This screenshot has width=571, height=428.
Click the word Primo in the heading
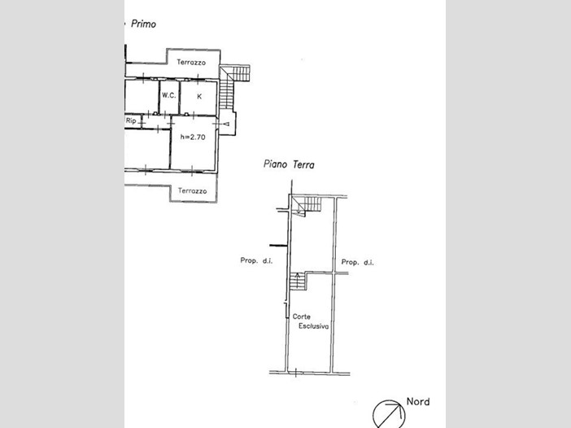pyautogui.click(x=143, y=24)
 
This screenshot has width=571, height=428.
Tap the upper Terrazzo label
pyautogui.click(x=191, y=63)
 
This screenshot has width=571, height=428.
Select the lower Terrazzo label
pyautogui.click(x=192, y=191)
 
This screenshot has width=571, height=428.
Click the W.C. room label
pyautogui.click(x=169, y=95)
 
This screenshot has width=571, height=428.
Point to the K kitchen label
pyautogui.click(x=199, y=97)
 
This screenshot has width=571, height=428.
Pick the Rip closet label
pyautogui.click(x=131, y=120)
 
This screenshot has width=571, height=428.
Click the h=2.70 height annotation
pyautogui.click(x=193, y=138)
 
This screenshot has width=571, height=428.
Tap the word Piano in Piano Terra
pyautogui.click(x=275, y=164)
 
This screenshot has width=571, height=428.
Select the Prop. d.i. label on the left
pyautogui.click(x=256, y=260)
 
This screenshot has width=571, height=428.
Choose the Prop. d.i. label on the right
pyautogui.click(x=357, y=262)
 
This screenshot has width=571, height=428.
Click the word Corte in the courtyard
pyautogui.click(x=302, y=317)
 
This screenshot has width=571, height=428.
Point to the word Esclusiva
pyautogui.click(x=313, y=326)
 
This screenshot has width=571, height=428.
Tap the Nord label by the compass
pyautogui.click(x=418, y=401)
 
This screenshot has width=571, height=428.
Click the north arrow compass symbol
pyautogui.click(x=389, y=415)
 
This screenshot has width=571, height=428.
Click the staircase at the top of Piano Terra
pyautogui.click(x=307, y=206)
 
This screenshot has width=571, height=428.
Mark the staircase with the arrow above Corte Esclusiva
pyautogui.click(x=299, y=282)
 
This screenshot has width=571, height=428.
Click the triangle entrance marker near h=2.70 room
pyautogui.click(x=226, y=124)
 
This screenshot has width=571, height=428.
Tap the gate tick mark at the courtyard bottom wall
pyautogui.click(x=296, y=373)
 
